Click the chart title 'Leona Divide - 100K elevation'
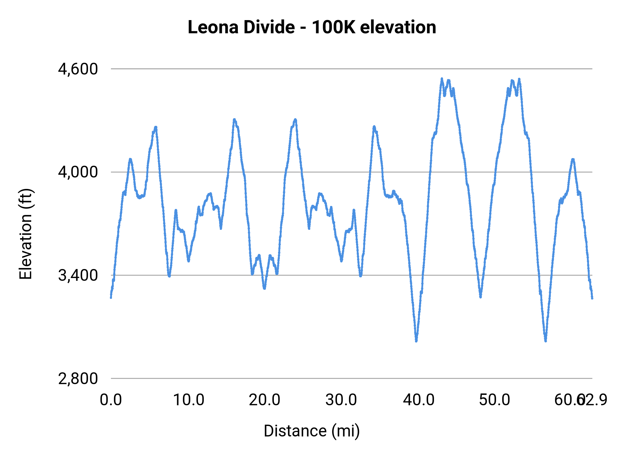coord(312,27)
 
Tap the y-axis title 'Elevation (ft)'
coord(26,234)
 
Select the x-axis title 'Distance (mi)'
coord(312,431)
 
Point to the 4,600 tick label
coord(78,69)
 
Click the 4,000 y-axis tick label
coord(78,172)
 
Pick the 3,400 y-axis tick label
coord(78,276)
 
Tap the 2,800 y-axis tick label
coord(78,379)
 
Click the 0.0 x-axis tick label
coord(111,400)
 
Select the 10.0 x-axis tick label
coord(188,400)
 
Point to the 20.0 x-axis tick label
coord(265,400)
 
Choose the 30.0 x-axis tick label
coord(341,400)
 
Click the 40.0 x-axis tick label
coord(418,400)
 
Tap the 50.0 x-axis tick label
coord(494,400)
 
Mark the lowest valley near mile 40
coord(416,341)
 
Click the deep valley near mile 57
coord(546,341)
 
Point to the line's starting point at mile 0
coord(111,297)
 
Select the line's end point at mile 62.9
coord(592,298)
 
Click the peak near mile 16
coord(234,120)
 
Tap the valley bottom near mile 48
coord(480,297)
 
